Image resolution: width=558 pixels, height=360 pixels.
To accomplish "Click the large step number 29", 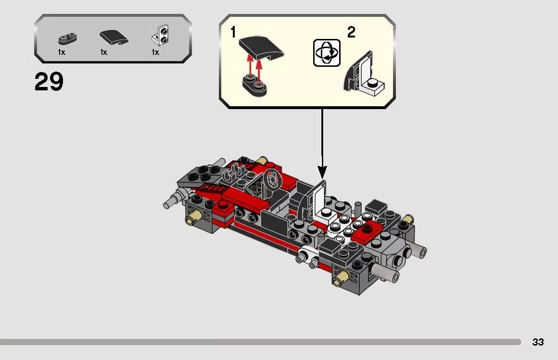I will point(49,82).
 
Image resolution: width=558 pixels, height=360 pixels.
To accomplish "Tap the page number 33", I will point(538,342).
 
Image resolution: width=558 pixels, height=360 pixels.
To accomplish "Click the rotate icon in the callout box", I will point(327,53).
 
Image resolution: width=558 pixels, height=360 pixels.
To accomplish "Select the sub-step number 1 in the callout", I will point(233,33).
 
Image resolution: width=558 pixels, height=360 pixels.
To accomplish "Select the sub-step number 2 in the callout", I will point(351,33).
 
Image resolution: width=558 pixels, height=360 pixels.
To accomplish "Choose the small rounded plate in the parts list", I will point(67,38).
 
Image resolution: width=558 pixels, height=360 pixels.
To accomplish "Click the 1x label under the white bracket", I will point(155,52).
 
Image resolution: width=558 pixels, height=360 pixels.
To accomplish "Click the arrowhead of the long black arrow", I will point(322,172).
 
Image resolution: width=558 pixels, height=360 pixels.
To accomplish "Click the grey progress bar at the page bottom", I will point(260,342).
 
